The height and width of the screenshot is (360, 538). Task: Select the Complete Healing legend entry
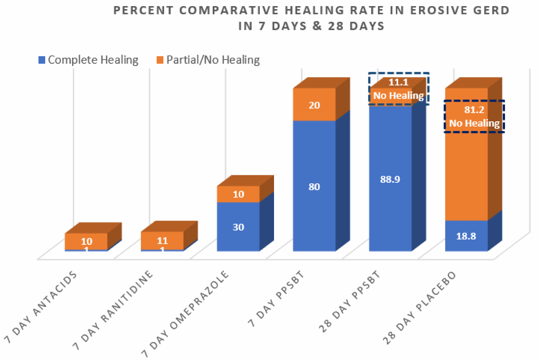pos(93,60)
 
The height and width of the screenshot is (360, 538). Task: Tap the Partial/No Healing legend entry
pos(213,60)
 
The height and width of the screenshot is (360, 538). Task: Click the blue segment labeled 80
pos(314,186)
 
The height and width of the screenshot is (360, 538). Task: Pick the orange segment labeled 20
pos(314,105)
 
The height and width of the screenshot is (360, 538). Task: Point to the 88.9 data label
pos(390,179)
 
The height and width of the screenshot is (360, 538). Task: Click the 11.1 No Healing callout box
pos(398,89)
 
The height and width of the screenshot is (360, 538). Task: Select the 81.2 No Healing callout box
pos(474,116)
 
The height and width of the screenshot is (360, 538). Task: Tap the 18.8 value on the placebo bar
pos(466,236)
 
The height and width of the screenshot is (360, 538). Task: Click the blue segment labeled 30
pos(238,227)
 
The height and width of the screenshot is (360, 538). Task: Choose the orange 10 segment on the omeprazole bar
pos(238,194)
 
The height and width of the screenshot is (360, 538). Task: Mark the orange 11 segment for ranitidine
pos(162,240)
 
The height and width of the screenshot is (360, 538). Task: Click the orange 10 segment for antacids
pos(86,241)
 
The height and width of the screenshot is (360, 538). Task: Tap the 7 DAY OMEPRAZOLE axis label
pos(185,313)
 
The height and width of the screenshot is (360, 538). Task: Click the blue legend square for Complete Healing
pos(42,60)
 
